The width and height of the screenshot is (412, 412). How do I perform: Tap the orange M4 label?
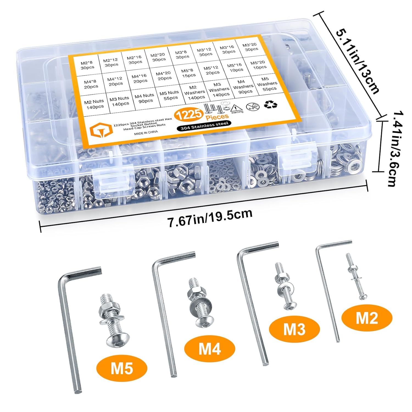click(210, 348)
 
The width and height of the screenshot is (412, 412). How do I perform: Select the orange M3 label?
click(294, 329)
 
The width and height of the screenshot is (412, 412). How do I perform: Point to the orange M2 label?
click(367, 318)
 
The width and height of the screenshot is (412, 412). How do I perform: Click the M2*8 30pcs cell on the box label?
click(87, 65)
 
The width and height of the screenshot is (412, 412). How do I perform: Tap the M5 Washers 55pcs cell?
click(267, 84)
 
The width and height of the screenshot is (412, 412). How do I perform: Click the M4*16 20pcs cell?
click(140, 79)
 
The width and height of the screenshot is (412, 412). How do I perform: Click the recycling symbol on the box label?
click(270, 105)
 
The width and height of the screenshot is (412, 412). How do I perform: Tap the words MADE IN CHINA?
click(146, 132)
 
